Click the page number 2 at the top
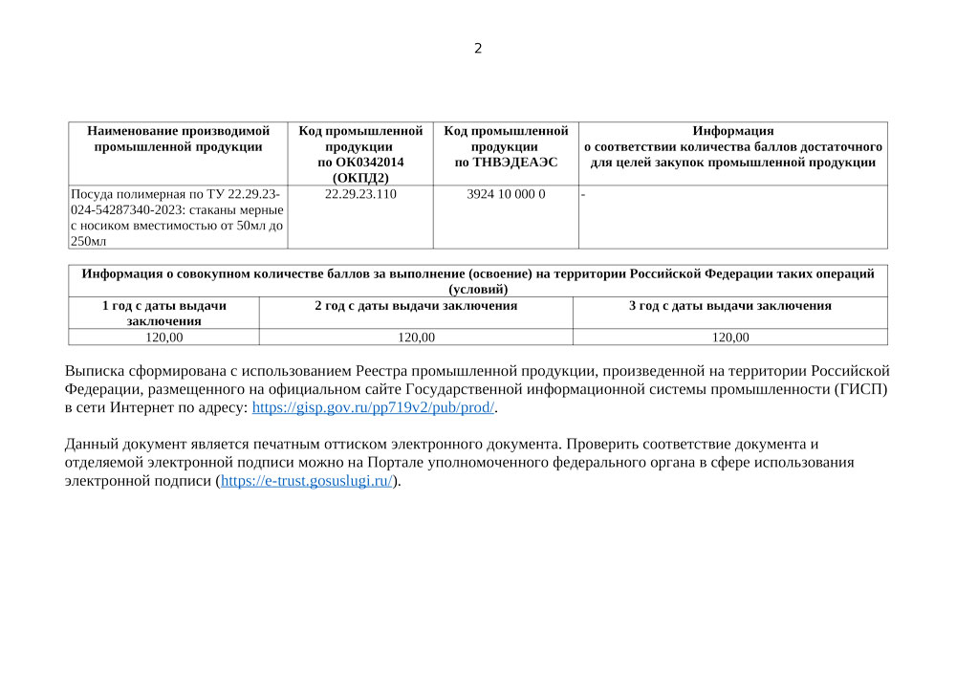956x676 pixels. click(x=478, y=49)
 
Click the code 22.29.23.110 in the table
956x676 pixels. click(x=360, y=194)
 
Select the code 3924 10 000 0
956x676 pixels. click(x=506, y=194)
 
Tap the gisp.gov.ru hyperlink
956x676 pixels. click(x=374, y=407)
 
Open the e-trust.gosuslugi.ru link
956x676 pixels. click(x=307, y=481)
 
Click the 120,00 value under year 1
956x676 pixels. click(x=164, y=337)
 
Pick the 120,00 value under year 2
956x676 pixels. click(x=416, y=337)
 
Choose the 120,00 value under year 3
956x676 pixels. click(x=730, y=337)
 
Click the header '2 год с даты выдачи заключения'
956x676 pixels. click(x=416, y=306)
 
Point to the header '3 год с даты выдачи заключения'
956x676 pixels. click(x=730, y=306)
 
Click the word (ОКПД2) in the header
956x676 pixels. click(x=360, y=178)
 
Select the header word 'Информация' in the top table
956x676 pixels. click(x=733, y=131)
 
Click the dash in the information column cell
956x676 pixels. click(x=583, y=195)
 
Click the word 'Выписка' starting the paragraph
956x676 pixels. click(x=94, y=371)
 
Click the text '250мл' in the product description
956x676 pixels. click(x=89, y=242)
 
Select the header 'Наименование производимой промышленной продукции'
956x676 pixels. click(x=178, y=139)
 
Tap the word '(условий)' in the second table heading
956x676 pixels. click(x=478, y=289)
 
